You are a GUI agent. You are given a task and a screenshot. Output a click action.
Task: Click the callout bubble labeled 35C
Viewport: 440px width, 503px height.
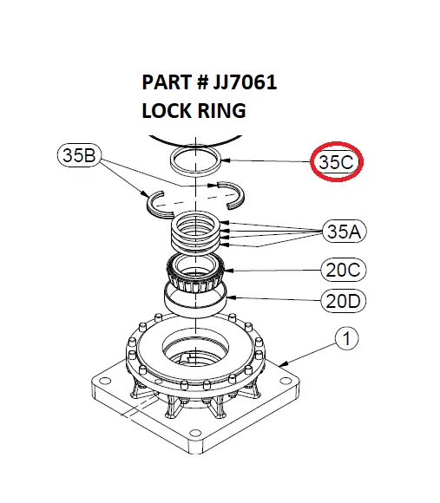coord(338,161)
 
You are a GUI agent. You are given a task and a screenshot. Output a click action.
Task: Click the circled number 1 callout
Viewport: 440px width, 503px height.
coord(345,339)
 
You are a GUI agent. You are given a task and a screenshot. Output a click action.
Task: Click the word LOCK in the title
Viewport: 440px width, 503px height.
coord(167,112)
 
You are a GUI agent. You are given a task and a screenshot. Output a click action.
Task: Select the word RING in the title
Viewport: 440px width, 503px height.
coord(221,112)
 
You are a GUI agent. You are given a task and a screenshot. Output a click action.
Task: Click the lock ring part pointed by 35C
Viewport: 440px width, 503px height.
coord(196,160)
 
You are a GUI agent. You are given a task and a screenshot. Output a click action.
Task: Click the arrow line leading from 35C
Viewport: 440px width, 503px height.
coord(269,160)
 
